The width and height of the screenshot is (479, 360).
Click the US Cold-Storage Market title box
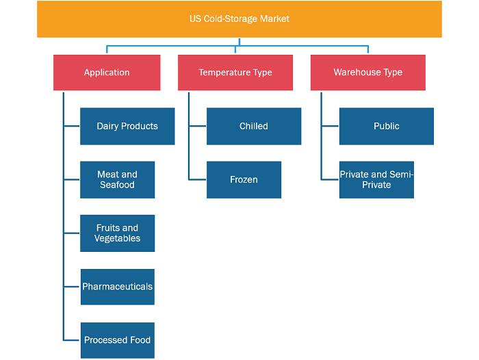pyautogui.click(x=239, y=19)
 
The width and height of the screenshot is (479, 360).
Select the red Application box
pyautogui.click(x=107, y=73)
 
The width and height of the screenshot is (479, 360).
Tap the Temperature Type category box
pyautogui.click(x=235, y=73)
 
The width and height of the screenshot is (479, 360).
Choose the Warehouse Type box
pyautogui.click(x=368, y=73)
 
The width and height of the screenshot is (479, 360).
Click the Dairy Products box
pyautogui.click(x=127, y=126)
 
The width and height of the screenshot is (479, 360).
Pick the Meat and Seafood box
pyautogui.click(x=117, y=180)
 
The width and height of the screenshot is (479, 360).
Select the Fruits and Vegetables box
pyautogui.click(x=117, y=233)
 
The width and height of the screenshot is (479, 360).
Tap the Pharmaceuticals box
pyautogui.click(x=118, y=287)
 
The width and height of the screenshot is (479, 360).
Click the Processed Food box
pyautogui.click(x=118, y=340)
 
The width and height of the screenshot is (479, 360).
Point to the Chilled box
pyautogui.click(x=254, y=126)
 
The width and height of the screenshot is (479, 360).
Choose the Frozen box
pyautogui.click(x=244, y=180)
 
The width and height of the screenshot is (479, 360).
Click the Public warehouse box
pyautogui.click(x=387, y=126)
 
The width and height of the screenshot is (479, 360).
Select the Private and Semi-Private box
pyautogui.click(x=376, y=180)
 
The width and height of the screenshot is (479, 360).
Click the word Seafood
pyautogui.click(x=117, y=185)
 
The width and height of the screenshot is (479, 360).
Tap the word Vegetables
pyautogui.click(x=117, y=238)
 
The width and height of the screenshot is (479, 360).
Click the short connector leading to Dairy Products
pyautogui.click(x=72, y=126)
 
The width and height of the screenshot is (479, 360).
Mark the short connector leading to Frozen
pyautogui.click(x=198, y=179)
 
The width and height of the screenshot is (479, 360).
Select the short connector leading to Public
pyautogui.click(x=331, y=126)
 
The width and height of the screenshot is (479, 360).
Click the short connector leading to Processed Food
pyautogui.click(x=72, y=340)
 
